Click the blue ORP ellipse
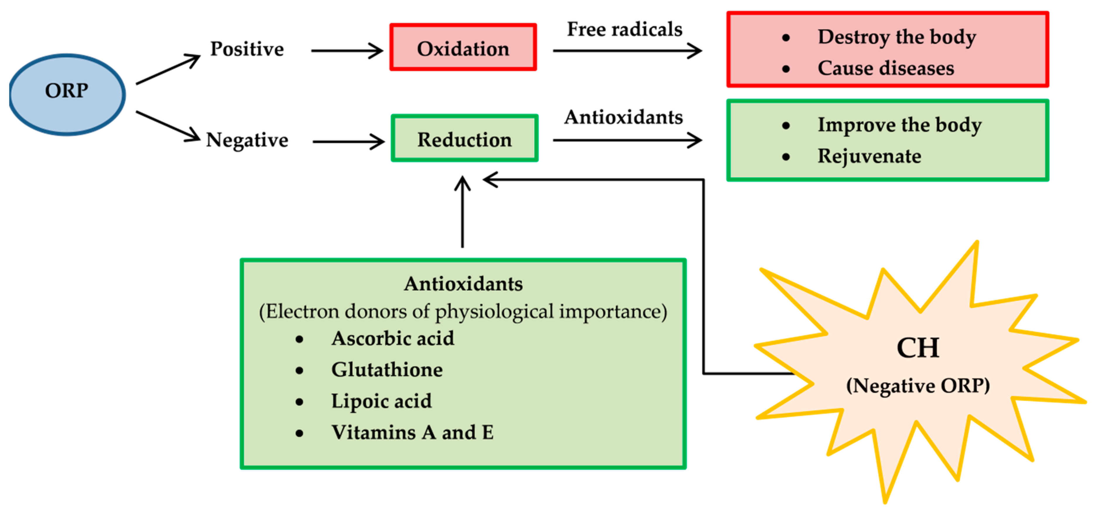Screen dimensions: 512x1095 tap(67, 94)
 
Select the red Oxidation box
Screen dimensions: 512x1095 tap(463, 48)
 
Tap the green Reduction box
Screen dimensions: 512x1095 tap(464, 139)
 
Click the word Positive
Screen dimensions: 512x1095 tap(247, 49)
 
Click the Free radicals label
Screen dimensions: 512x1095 tap(625, 29)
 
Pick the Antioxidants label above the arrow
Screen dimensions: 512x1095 tap(624, 117)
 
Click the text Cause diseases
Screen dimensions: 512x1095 tap(886, 68)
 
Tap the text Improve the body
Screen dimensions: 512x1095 tap(899, 125)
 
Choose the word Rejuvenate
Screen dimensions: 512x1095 tap(869, 156)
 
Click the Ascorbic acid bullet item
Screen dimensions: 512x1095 tap(393, 339)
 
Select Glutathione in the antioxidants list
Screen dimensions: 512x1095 tap(387, 370)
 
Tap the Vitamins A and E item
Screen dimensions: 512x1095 tap(412, 433)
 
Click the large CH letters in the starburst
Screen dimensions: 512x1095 tap(918, 348)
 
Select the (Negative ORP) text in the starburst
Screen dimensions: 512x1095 tap(918, 386)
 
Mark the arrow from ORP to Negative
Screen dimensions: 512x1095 tap(168, 126)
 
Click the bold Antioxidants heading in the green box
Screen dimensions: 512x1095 tap(463, 284)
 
